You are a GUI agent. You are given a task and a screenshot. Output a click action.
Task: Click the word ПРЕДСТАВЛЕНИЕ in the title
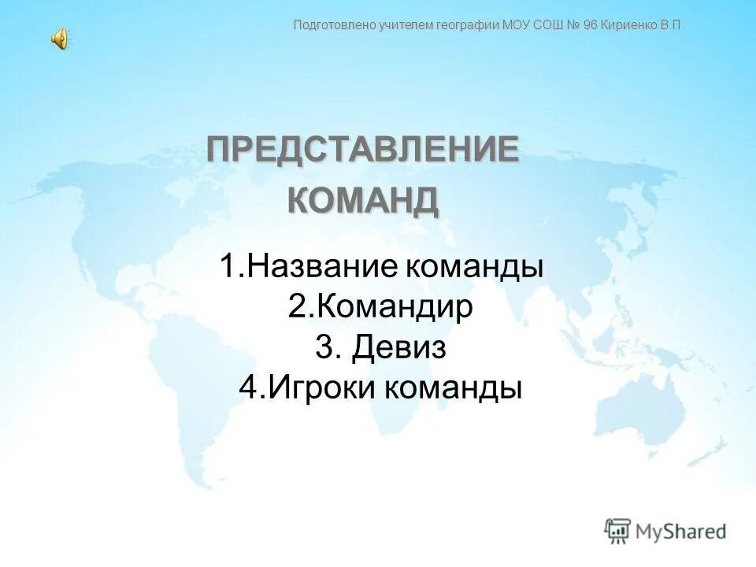click(x=363, y=150)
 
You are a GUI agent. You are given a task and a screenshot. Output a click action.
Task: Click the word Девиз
click(x=398, y=347)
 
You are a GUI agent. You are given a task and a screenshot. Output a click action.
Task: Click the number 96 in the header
click(x=590, y=25)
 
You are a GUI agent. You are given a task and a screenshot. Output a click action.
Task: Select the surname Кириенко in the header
click(x=629, y=25)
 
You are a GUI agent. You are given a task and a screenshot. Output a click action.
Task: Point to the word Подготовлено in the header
click(x=332, y=25)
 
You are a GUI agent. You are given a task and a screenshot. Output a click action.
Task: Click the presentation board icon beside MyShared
click(x=617, y=531)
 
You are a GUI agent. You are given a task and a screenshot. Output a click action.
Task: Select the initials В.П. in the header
click(x=672, y=25)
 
